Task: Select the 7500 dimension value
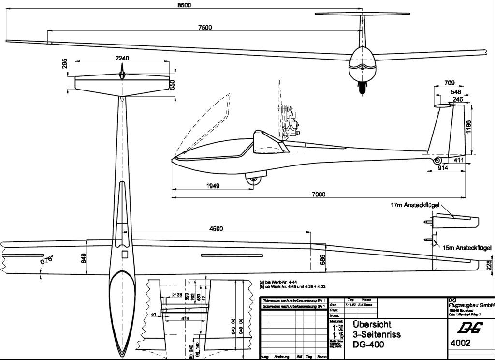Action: coord(205,28)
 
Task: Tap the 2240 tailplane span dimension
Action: coord(122,58)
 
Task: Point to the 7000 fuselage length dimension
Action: coord(318,195)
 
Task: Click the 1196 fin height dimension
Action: coord(467,126)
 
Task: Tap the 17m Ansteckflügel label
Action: coord(414,206)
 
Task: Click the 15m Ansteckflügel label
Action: coord(467,248)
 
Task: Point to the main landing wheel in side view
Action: coord(253,180)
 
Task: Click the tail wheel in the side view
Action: coord(437,161)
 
